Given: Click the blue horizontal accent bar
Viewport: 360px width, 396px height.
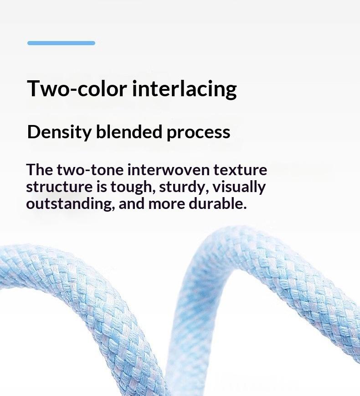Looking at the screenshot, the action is (x=62, y=43).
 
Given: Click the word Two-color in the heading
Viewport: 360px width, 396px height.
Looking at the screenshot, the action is (x=77, y=89).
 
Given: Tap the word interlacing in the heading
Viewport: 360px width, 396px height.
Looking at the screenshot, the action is (x=185, y=89).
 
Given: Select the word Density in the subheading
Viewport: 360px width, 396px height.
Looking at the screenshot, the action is (x=59, y=132).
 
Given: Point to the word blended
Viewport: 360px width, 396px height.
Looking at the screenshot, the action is (x=129, y=131).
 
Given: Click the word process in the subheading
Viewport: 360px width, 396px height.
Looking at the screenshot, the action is (x=198, y=133).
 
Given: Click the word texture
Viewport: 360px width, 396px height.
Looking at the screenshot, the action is (x=240, y=170).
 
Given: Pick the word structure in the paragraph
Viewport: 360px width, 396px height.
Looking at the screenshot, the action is (x=59, y=187).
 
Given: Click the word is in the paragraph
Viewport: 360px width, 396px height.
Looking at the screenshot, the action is (x=102, y=187).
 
